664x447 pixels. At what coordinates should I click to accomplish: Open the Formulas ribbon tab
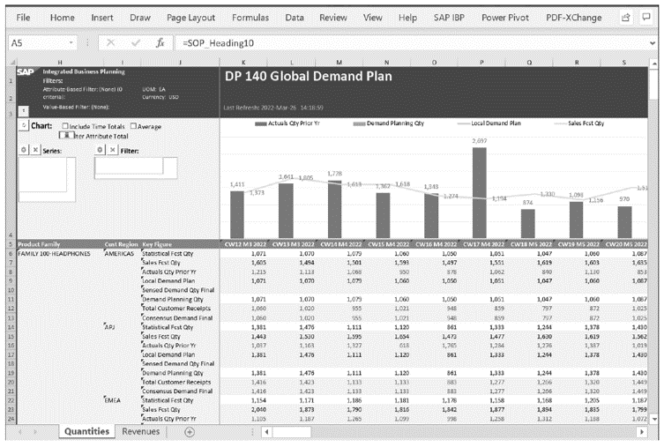250,17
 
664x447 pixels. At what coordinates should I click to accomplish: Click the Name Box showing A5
35,42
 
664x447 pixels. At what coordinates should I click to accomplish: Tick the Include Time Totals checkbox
66,126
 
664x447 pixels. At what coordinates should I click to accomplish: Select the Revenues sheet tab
141,431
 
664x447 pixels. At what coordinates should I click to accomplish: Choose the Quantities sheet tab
86,431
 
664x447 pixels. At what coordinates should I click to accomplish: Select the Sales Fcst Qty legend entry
586,124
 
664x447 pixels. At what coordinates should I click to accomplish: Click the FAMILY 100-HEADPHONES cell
53,253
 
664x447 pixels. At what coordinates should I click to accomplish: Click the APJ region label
110,326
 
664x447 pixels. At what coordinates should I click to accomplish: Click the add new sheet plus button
189,431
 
